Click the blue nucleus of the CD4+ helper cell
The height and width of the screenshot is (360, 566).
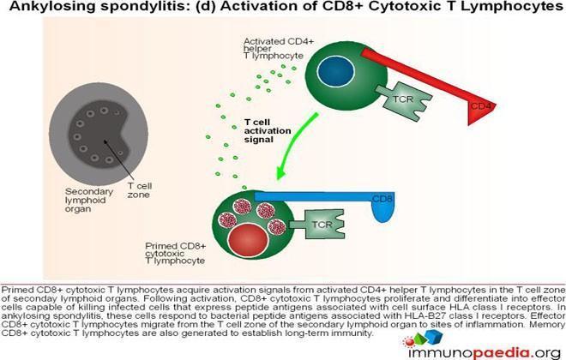point(335,71)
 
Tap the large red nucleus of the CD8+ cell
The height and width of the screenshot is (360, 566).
point(249,241)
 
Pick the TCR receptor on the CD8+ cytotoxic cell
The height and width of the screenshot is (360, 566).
point(317,225)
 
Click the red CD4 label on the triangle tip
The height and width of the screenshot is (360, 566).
point(481,106)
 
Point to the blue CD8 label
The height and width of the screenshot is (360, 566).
point(382,199)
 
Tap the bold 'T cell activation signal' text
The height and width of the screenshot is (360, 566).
point(268,131)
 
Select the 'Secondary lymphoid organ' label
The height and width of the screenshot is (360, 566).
point(89,201)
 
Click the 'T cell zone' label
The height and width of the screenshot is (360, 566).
point(139,190)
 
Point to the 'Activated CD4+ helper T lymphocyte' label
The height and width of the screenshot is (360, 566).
point(279,49)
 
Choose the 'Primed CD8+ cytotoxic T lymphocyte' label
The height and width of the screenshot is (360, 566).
point(176,253)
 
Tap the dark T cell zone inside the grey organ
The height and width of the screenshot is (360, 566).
point(99,135)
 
